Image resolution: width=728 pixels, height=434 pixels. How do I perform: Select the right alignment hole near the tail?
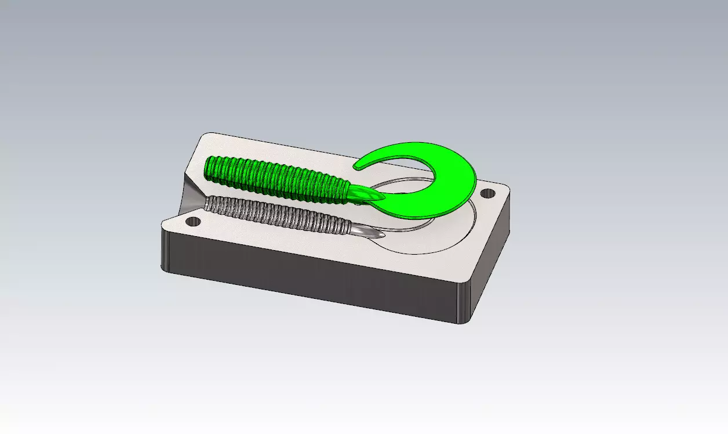coord(489,193)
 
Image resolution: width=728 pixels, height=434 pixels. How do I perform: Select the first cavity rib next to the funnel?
coord(210,202)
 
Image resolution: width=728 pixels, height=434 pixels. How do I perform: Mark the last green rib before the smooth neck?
coord(347,191)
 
